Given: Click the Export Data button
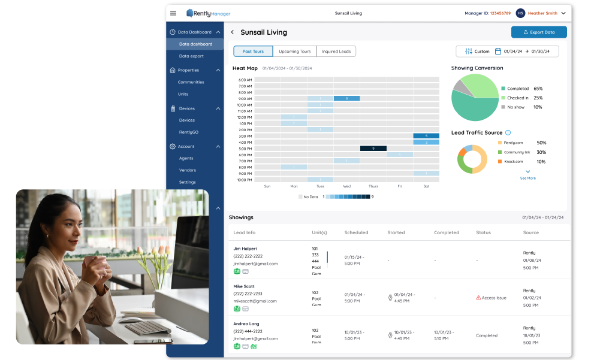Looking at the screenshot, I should point(539,32).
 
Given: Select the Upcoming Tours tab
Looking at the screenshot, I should point(294,52).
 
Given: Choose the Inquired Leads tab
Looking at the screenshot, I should point(336,52).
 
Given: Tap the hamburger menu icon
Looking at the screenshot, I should point(173,13).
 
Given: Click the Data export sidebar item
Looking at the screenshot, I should point(191,56).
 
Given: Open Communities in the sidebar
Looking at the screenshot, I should point(191,82).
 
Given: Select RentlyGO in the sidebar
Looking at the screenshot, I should point(189,132).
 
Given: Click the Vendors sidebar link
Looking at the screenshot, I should point(187,170).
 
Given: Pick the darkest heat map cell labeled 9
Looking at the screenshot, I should point(373,148).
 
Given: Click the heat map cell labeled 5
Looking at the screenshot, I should point(426,136).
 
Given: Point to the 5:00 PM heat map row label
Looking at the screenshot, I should point(245,149).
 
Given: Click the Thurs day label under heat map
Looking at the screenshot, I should point(373,186).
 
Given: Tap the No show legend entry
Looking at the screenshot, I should point(515,107).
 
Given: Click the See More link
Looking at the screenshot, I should point(527,178).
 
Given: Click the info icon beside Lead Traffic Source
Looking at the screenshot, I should point(508,132).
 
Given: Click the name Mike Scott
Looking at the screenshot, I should point(244,286).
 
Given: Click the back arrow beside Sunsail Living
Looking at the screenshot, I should point(233,32).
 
